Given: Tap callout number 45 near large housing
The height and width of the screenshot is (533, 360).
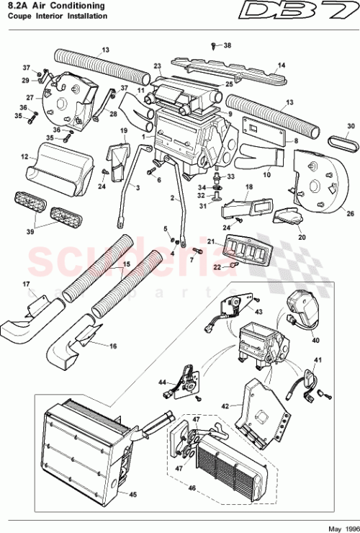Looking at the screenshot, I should click(x=132, y=494).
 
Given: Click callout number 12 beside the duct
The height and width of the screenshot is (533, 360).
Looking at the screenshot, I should click(x=24, y=156).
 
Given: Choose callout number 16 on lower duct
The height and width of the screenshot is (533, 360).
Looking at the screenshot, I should click(x=112, y=346).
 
